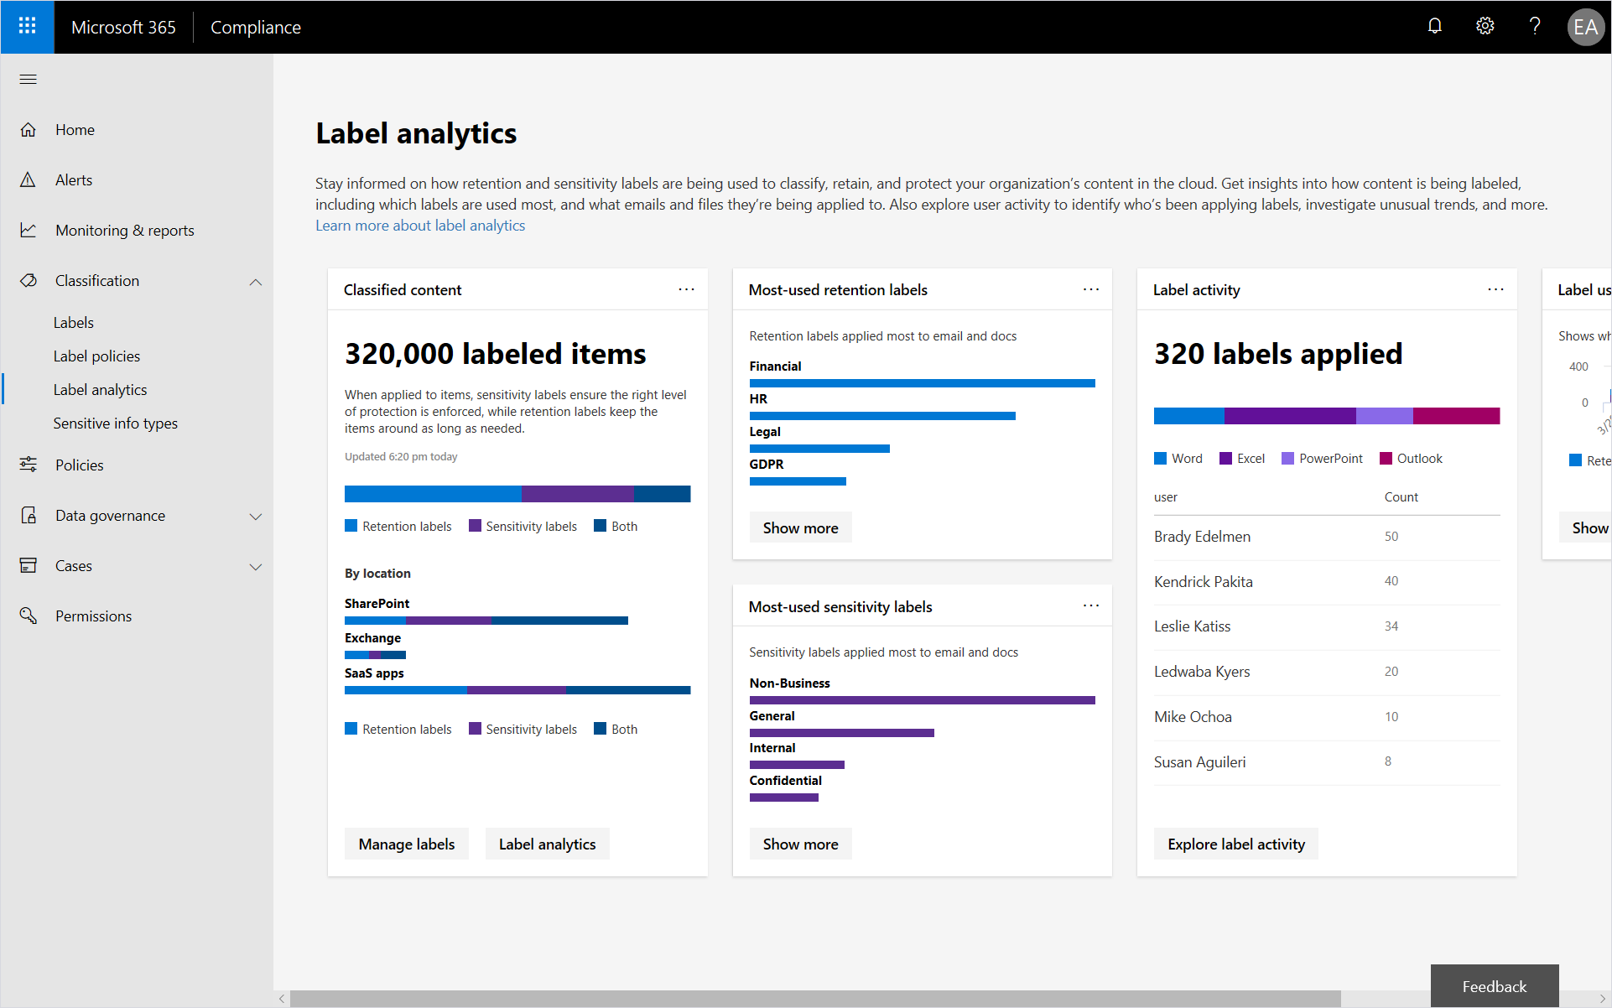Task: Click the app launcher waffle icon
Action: click(27, 27)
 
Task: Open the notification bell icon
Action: click(1434, 27)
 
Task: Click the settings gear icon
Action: click(1485, 27)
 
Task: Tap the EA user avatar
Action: click(1584, 27)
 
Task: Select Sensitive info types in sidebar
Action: click(115, 423)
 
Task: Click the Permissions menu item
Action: click(93, 616)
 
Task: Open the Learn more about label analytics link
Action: click(419, 226)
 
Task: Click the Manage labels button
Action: click(406, 844)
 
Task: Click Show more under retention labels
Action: click(800, 528)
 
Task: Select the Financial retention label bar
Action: click(922, 383)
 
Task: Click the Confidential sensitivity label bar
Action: click(783, 798)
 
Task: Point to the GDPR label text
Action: click(766, 465)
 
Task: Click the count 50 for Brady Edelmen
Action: click(1391, 537)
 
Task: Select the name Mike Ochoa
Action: click(1192, 717)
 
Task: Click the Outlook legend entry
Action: click(1418, 459)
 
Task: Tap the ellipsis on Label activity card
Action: click(1495, 289)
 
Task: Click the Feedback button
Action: click(1494, 986)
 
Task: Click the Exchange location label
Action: click(372, 638)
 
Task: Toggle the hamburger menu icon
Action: click(28, 80)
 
